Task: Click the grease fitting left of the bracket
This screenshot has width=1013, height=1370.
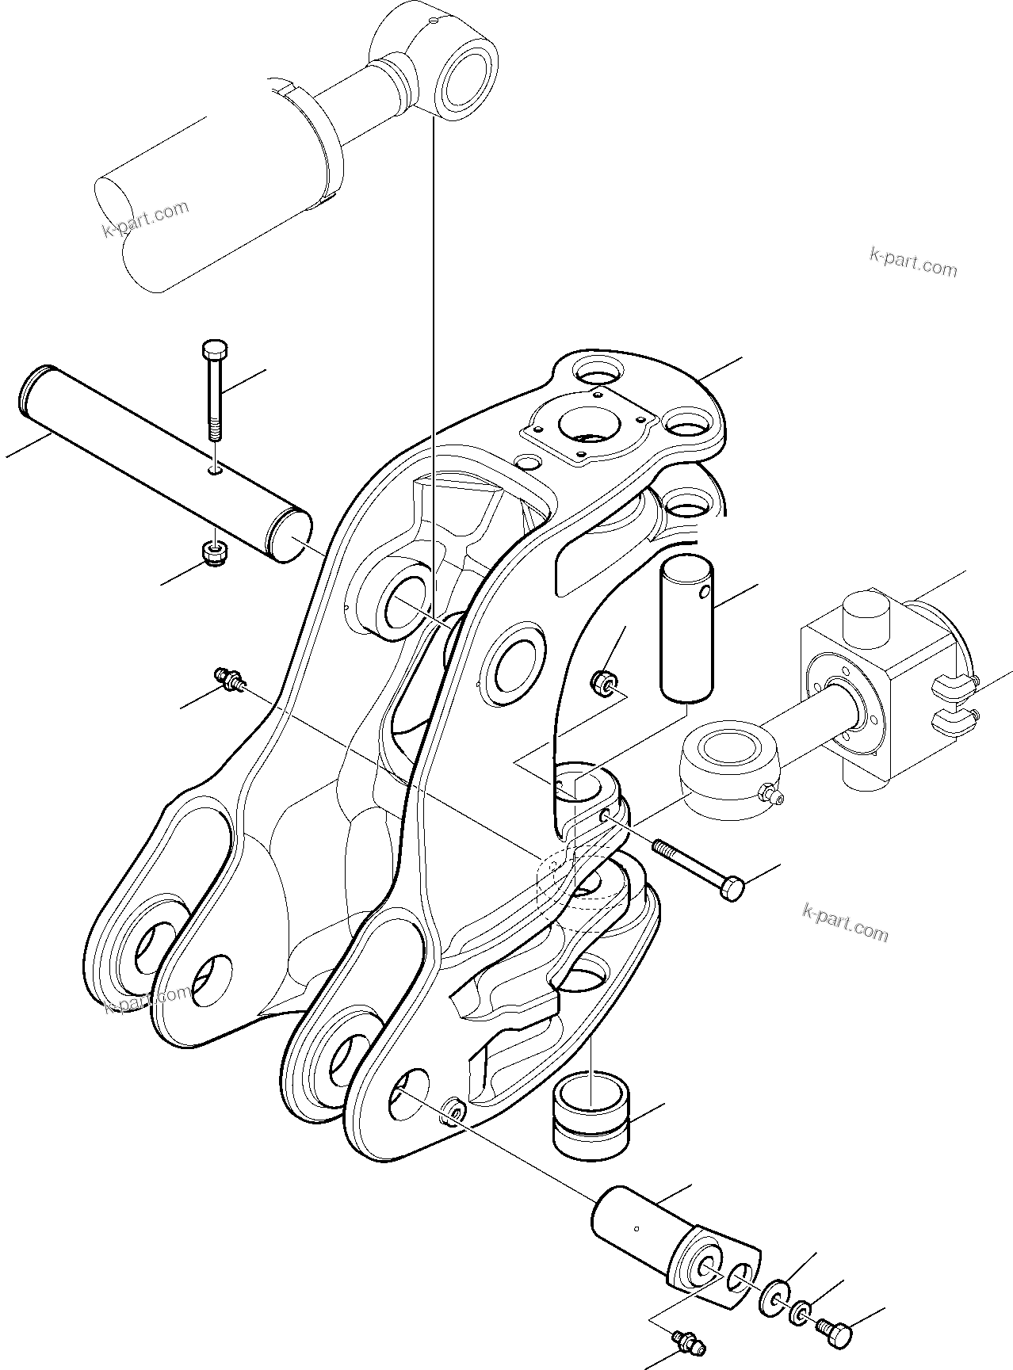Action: point(231,678)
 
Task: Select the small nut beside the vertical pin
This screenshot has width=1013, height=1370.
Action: point(605,681)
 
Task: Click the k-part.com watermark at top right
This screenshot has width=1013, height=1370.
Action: point(912,262)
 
